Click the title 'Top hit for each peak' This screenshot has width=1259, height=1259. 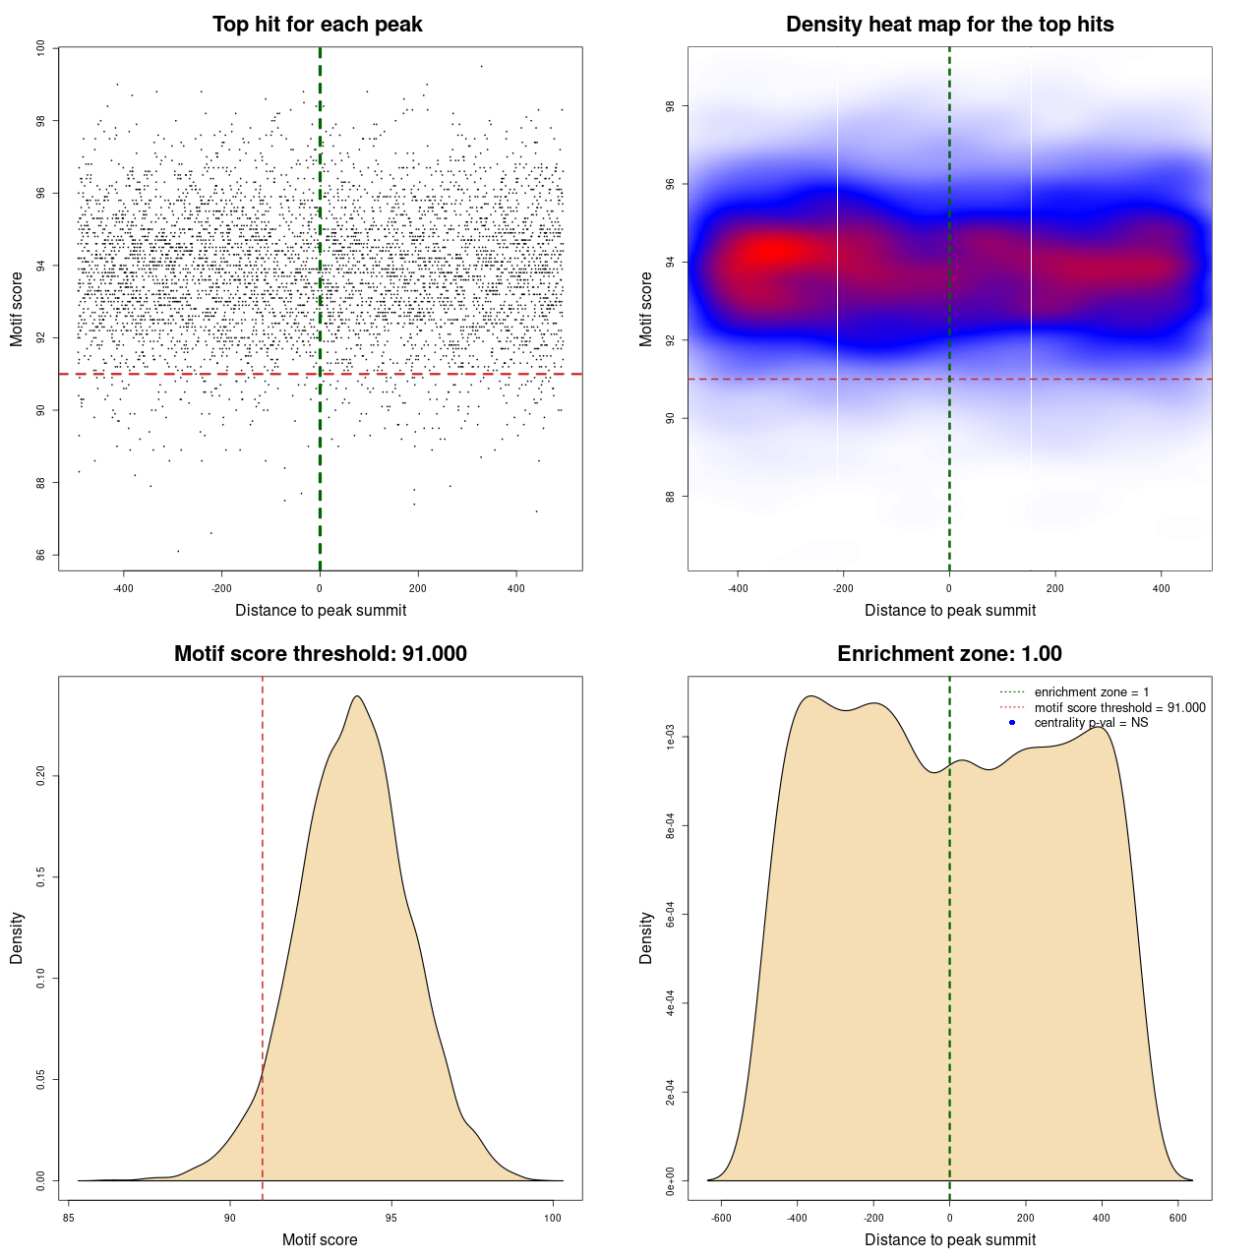pos(318,25)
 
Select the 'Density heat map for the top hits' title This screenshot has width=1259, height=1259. pos(949,25)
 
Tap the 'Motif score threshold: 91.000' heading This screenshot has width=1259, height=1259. pos(320,654)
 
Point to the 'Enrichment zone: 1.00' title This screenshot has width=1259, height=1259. pos(949,654)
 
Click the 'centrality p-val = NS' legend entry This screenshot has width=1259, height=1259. pos(1091,723)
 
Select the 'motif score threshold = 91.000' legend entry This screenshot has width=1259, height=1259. pos(1119,708)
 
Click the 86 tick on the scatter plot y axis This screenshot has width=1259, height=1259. pos(41,555)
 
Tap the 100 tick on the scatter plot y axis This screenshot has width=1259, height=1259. pos(41,48)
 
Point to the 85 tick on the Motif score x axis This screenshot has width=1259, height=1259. pos(69,1217)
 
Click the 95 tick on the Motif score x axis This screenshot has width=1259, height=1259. pos(391,1217)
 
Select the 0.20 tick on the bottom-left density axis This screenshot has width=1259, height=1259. pos(41,776)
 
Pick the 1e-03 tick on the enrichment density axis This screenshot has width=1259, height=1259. pos(671,738)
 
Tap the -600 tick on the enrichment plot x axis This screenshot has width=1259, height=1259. pos(722,1217)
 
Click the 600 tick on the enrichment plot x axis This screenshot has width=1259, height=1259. pos(1177,1217)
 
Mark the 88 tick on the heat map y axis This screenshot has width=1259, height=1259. pos(671,496)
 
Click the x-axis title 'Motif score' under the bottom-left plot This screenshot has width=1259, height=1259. pos(320,1239)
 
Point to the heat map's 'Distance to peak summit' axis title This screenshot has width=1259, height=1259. pos(949,610)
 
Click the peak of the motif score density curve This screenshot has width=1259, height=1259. pos(357,696)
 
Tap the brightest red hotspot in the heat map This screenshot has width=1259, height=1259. pos(772,251)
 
